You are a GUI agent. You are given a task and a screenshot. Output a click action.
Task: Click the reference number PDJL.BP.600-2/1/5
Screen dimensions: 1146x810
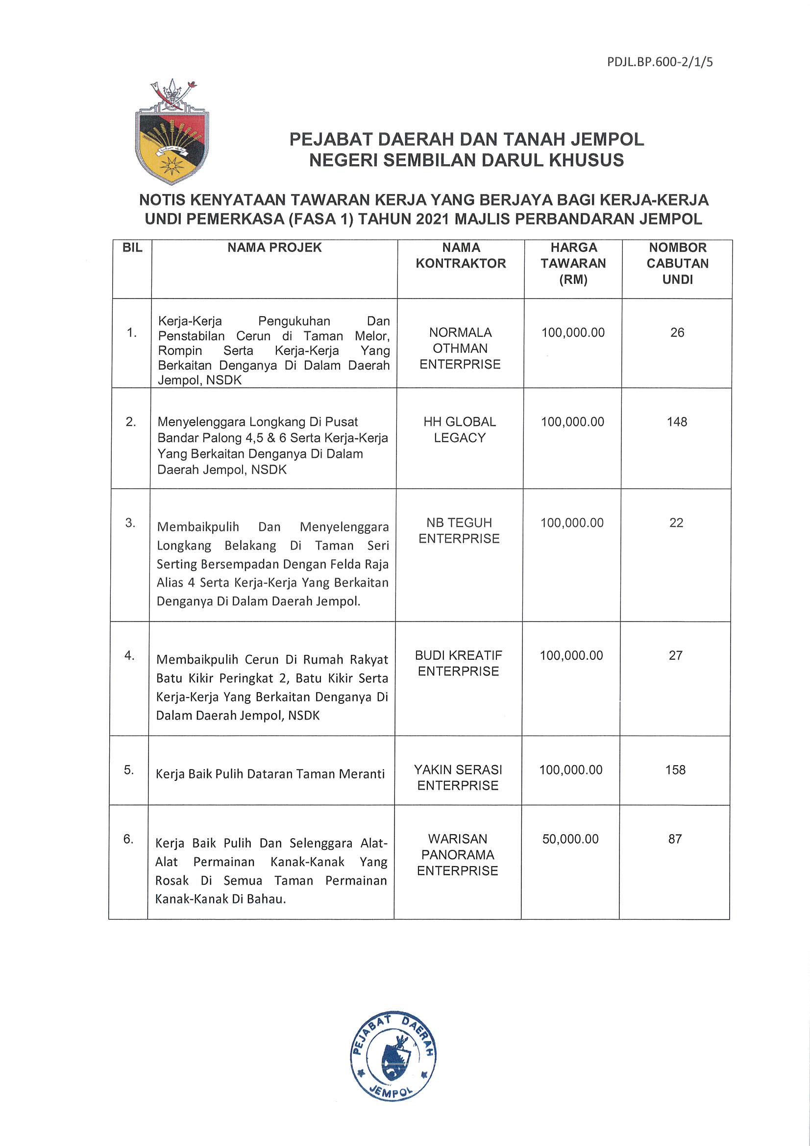[660, 62]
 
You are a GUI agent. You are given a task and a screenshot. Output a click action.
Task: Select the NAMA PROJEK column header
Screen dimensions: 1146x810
[274, 248]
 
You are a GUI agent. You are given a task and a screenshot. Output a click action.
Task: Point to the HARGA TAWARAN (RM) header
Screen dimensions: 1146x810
[573, 263]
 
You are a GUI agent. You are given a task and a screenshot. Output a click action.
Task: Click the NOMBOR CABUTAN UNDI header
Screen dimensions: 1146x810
[677, 263]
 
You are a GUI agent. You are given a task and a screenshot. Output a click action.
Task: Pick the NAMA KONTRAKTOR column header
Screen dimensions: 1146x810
[461, 255]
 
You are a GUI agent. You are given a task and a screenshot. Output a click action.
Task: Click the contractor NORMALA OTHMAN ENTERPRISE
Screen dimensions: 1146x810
[460, 348]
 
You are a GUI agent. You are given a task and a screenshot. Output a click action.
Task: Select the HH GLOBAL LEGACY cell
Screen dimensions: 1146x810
[459, 429]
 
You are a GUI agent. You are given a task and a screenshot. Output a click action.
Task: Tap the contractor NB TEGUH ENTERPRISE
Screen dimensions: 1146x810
[459, 530]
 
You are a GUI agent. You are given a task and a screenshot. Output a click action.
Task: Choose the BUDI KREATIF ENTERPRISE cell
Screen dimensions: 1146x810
[458, 663]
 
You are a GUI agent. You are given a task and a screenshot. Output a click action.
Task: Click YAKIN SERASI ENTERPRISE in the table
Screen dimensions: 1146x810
[458, 777]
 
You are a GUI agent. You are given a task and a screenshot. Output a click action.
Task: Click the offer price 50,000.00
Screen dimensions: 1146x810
[570, 839]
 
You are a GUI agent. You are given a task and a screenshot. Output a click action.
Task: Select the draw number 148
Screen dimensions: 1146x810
[677, 422]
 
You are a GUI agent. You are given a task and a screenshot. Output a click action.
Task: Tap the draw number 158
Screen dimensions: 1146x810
[675, 770]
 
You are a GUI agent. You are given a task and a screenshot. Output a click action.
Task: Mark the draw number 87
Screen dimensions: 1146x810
[675, 839]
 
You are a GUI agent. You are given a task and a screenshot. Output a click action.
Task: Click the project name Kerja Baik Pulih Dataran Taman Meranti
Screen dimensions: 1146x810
[270, 773]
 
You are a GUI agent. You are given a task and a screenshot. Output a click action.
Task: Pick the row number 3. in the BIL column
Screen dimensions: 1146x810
[130, 523]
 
